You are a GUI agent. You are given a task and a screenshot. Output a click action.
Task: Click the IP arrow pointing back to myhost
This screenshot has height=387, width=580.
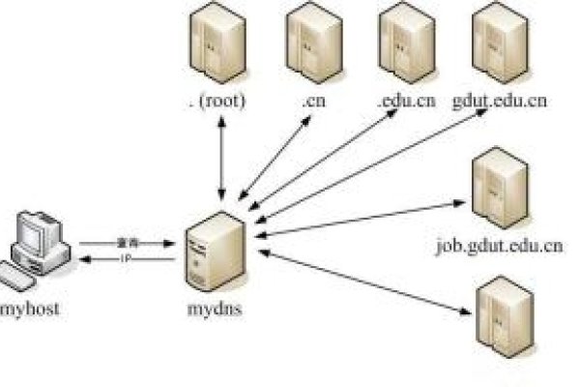[126, 260]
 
